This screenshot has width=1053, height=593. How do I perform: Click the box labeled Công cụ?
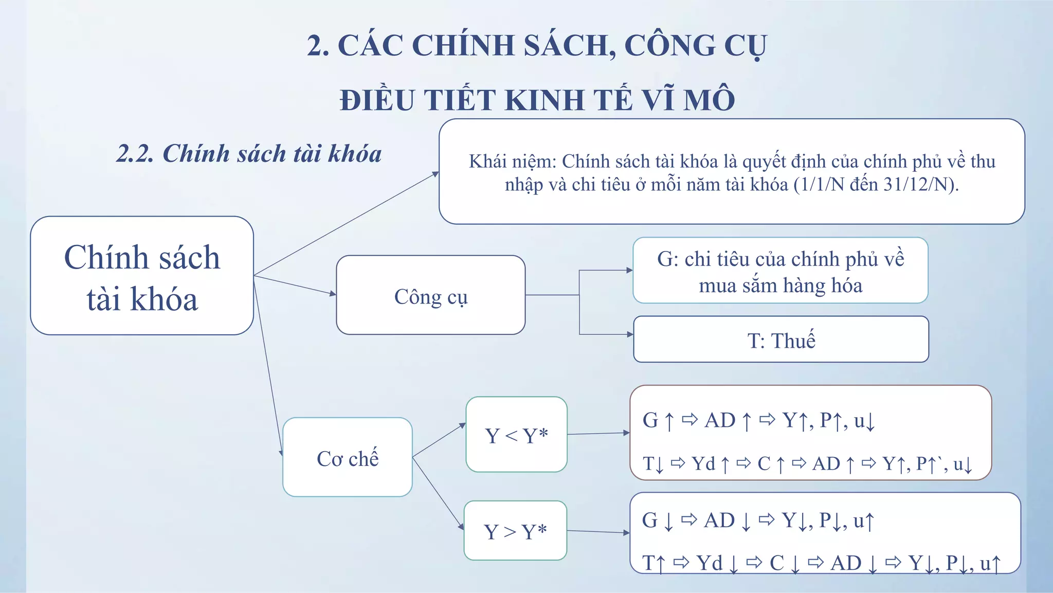coord(431,295)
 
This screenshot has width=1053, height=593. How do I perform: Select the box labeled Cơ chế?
coord(348,457)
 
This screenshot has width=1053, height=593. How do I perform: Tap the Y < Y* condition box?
coord(516,435)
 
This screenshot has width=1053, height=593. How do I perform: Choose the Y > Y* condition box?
coord(515,531)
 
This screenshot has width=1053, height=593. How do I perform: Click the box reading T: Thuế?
coord(781,339)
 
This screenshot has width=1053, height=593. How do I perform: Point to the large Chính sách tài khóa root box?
coord(142,276)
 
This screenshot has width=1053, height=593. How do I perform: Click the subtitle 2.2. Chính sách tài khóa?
coord(249,153)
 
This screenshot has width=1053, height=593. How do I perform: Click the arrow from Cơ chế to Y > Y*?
coord(438,493)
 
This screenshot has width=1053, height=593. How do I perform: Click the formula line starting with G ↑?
coord(758,421)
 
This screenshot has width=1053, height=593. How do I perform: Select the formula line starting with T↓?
coord(807,464)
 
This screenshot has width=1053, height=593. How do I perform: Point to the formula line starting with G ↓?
coord(758,520)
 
